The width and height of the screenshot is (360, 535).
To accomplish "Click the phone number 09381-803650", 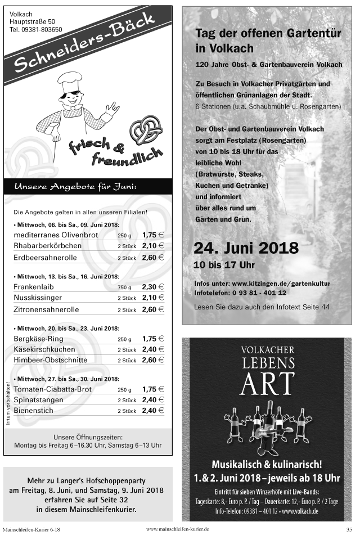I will click(x=36, y=29).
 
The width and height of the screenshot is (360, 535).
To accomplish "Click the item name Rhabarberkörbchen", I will click(x=47, y=246).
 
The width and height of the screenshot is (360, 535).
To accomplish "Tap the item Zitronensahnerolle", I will click(x=46, y=309).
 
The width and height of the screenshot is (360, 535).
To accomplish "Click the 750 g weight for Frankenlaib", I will click(x=124, y=287).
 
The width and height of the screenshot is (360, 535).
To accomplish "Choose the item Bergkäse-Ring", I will click(x=38, y=339).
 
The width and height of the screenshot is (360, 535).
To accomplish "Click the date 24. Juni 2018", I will click(x=246, y=248).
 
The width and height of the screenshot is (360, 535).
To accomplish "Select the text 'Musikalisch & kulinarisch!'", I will click(x=267, y=464).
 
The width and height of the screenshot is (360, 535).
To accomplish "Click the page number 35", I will click(x=349, y=529).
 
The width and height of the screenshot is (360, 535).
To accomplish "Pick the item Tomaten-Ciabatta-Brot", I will click(x=52, y=389).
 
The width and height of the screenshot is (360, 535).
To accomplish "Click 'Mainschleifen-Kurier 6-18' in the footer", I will click(x=31, y=529).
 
